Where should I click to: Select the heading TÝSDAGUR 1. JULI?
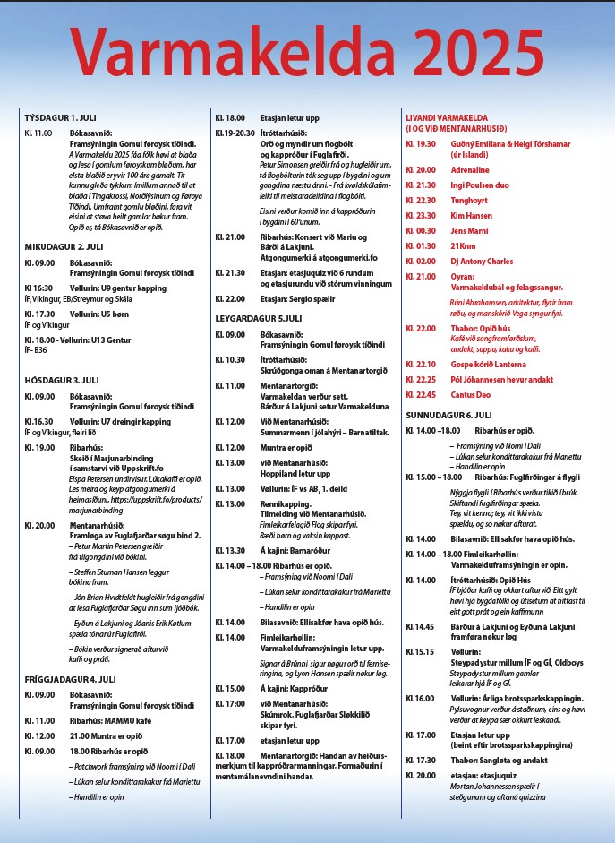(60, 117)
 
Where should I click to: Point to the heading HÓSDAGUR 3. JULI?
(60, 380)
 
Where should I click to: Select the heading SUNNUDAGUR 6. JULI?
(448, 415)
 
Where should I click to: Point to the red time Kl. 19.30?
(421, 143)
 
